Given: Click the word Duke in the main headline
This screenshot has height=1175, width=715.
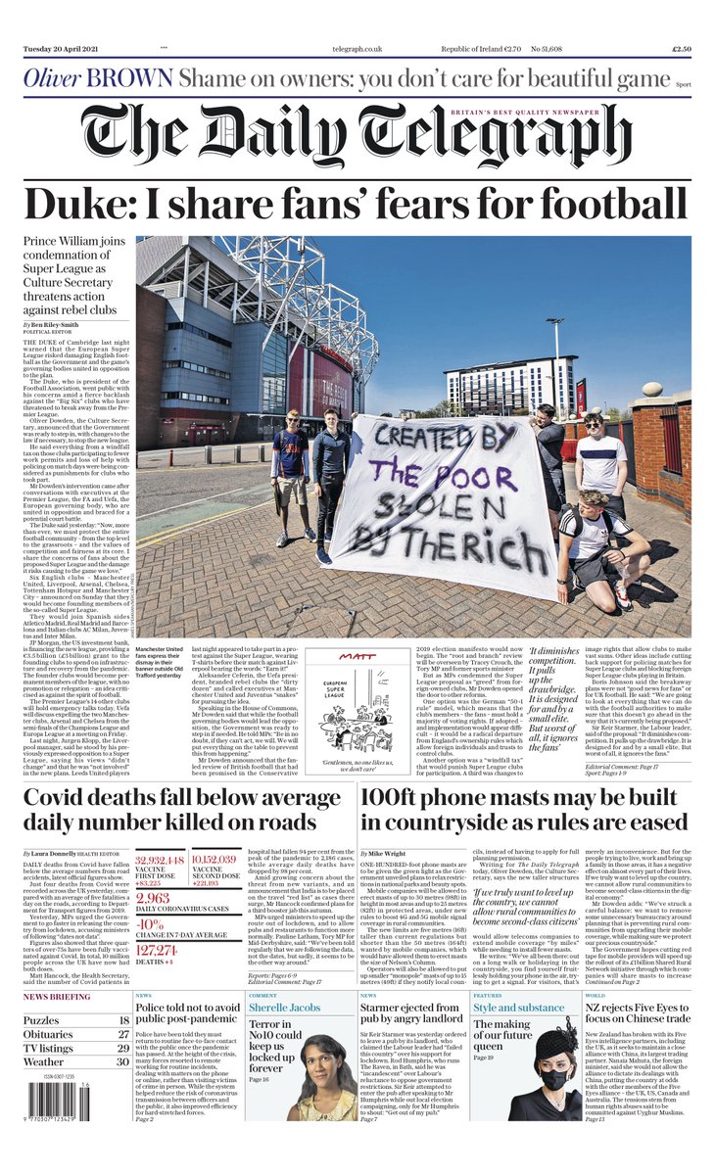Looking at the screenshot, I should (x=73, y=205).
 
